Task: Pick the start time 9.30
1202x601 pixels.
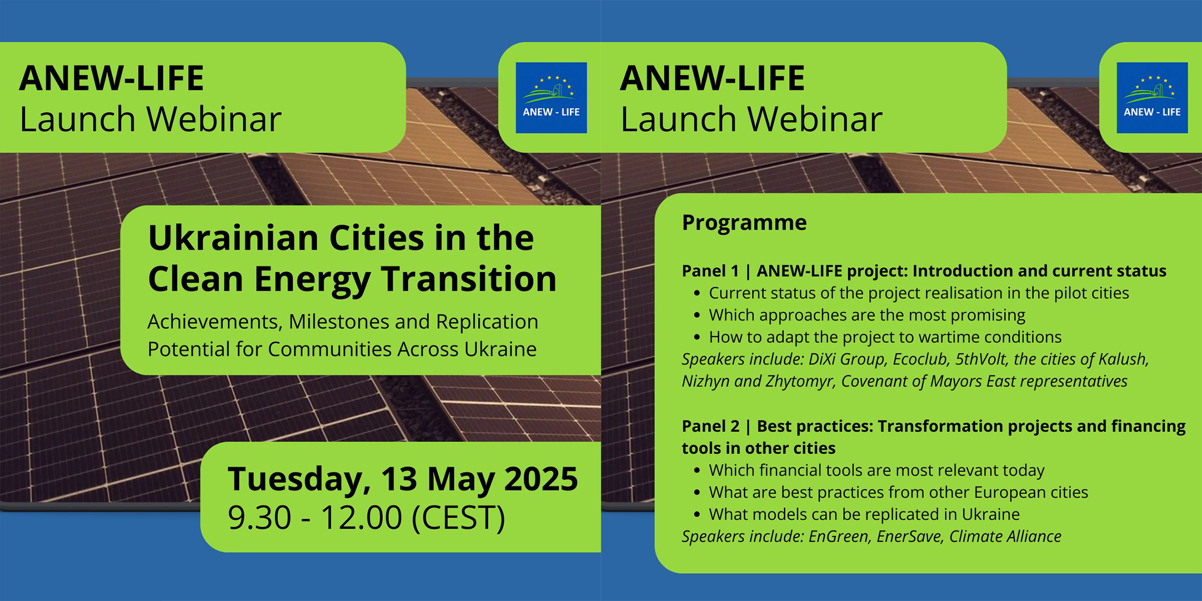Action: [x=259, y=518]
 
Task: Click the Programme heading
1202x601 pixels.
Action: [x=744, y=223]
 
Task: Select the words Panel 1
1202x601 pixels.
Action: [x=711, y=271]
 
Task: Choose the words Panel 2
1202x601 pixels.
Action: [x=711, y=426]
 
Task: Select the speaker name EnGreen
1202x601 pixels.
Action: [x=838, y=536]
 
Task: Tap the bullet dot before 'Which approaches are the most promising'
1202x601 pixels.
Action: [x=697, y=316]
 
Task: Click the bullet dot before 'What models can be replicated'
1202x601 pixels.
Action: [x=697, y=515]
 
